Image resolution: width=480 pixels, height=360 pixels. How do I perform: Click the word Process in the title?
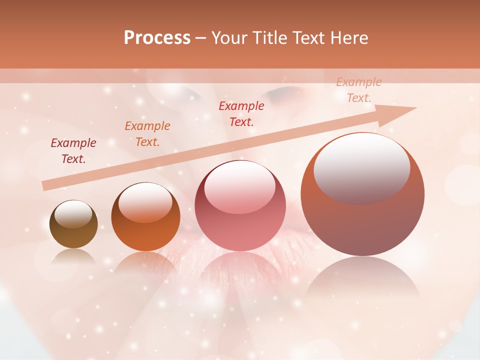click(x=157, y=38)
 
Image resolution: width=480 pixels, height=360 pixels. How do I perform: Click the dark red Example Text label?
click(x=73, y=150)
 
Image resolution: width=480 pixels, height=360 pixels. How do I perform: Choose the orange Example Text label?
click(x=147, y=133)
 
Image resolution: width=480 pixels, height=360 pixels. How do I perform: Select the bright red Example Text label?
click(x=241, y=113)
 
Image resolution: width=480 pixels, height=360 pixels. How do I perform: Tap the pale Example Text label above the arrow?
click(x=359, y=90)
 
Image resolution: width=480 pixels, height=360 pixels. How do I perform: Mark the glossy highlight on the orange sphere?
click(x=145, y=202)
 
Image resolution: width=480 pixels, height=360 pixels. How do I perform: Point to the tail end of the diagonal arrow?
click(x=45, y=186)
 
